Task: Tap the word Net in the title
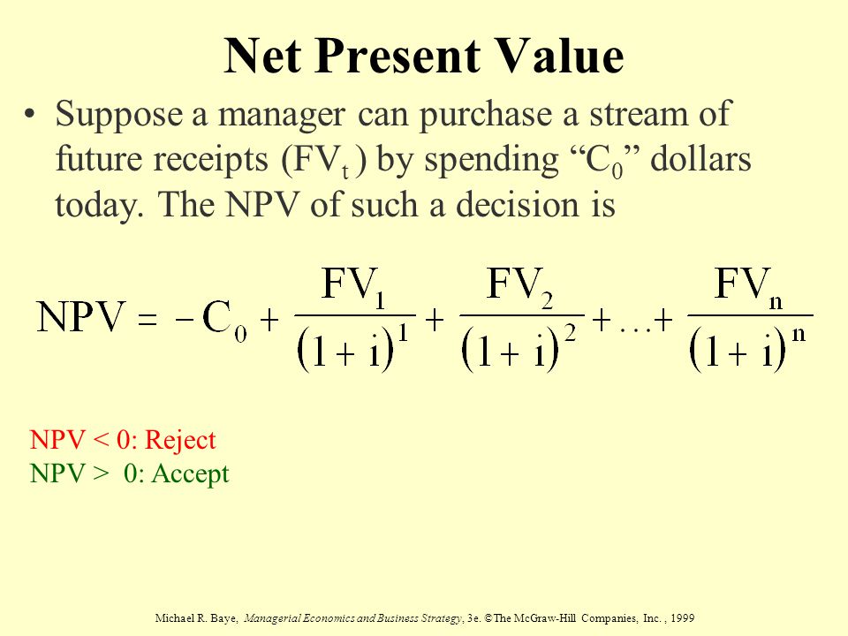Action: pos(263,56)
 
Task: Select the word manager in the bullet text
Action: pos(281,116)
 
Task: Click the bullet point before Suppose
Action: pos(30,114)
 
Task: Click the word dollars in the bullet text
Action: pos(700,159)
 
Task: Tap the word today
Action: pos(100,207)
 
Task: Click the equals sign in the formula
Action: pos(148,319)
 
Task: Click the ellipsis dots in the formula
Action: pos(635,329)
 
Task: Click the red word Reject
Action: pos(180,441)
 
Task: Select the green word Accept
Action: pos(191,473)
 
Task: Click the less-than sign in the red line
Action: pos(101,440)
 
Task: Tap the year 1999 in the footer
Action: pos(682,617)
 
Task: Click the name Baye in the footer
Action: pos(223,618)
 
